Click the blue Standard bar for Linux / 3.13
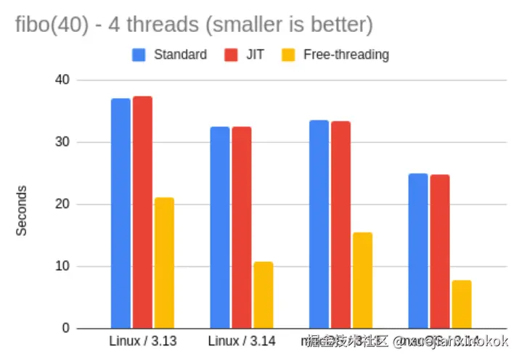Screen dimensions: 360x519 (120, 213)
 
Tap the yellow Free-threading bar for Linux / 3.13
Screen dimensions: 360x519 (164, 263)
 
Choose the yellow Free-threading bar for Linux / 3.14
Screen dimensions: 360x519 (263, 295)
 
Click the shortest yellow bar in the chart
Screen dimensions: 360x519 (462, 304)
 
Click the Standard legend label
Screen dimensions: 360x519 (180, 54)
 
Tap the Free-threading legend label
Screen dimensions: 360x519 (346, 54)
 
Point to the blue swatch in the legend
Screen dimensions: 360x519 (139, 54)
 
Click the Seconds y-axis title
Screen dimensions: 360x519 (22, 210)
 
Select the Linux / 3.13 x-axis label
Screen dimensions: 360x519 (143, 340)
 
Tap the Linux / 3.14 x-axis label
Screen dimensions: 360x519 (242, 340)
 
